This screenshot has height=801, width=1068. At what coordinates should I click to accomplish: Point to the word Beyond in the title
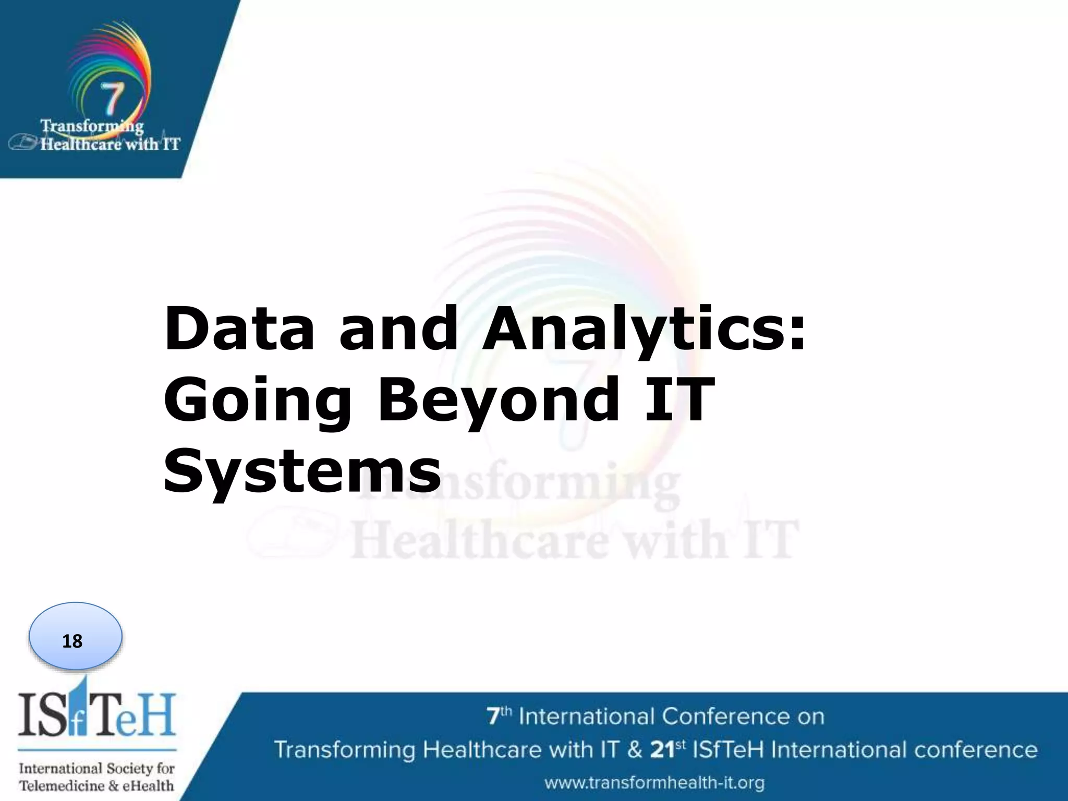point(499,400)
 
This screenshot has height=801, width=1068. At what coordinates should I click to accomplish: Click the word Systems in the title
point(302,471)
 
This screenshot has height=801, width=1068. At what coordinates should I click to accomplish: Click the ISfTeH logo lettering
point(97,714)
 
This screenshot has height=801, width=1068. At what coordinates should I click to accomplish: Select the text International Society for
point(97,768)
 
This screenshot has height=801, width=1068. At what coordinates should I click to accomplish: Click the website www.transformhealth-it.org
point(654,783)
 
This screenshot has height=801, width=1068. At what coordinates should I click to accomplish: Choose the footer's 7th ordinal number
point(499,716)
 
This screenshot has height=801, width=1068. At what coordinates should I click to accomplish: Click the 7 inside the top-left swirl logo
point(112,99)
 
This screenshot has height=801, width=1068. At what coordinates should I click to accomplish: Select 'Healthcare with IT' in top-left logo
point(110,144)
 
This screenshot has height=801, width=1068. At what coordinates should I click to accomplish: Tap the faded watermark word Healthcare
point(480,539)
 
